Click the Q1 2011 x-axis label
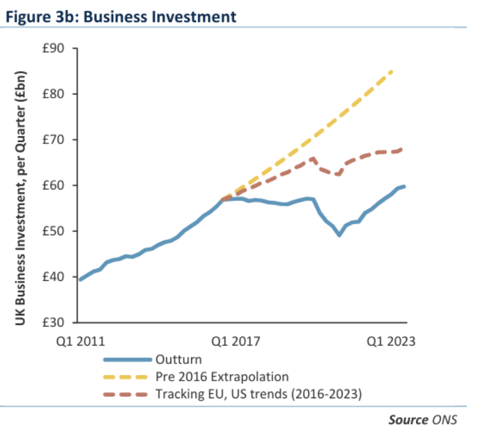[80, 342]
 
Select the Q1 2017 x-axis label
[236, 342]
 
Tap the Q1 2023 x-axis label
[391, 342]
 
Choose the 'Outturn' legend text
[178, 359]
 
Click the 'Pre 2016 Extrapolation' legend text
[221, 376]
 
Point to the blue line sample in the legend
[126, 360]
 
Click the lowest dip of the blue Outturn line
[339, 235]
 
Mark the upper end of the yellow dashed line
[392, 71]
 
